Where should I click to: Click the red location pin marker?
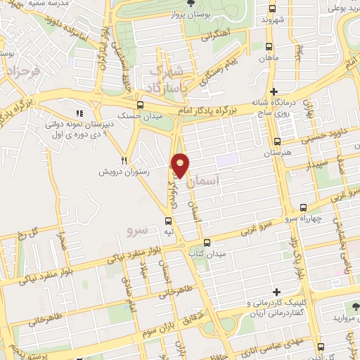181,165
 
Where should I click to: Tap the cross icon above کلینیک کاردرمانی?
276,292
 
